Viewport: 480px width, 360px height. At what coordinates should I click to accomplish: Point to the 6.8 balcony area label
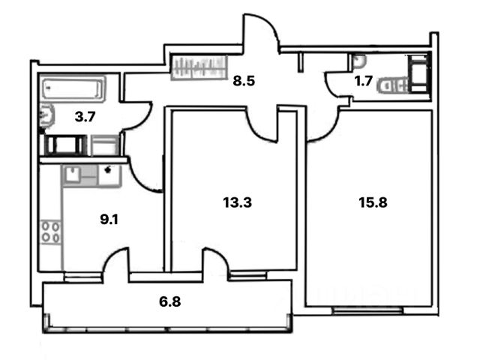[170, 302]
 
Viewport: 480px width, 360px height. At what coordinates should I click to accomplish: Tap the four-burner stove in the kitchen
[51, 232]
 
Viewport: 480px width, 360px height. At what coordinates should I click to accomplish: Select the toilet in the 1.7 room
[391, 85]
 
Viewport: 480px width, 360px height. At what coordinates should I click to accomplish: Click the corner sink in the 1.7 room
[358, 60]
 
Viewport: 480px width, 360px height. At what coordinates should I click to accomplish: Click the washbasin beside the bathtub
[46, 115]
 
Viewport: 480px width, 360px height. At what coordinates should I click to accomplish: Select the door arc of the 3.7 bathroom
[137, 119]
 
